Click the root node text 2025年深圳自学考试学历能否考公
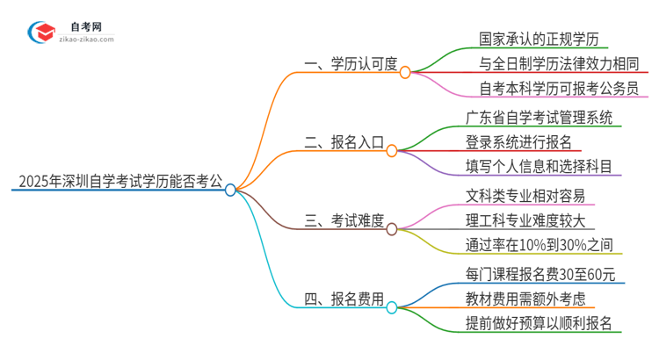pyautogui.click(x=116, y=183)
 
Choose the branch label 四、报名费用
pyautogui.click(x=339, y=299)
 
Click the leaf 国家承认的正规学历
pyautogui.click(x=532, y=39)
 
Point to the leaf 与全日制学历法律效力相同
pyautogui.click(x=556, y=63)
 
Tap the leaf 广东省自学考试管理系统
pyautogui.click(x=539, y=117)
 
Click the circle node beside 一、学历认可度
pyautogui.click(x=405, y=73)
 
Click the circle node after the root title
pyautogui.click(x=230, y=190)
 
